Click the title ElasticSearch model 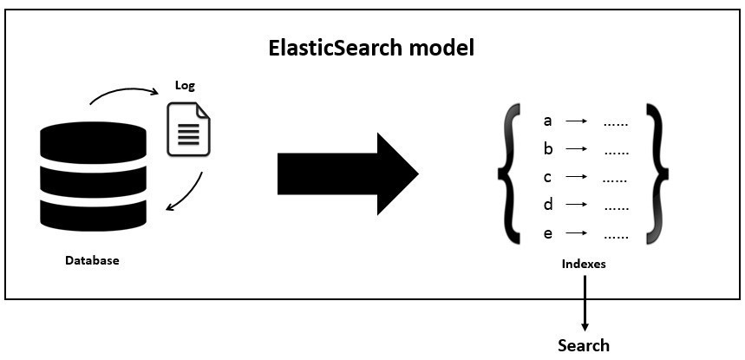[370, 47]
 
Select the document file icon [189, 130]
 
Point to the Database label [92, 259]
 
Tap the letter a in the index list [547, 121]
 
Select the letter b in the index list [547, 149]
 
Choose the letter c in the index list [547, 178]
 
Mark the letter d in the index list [547, 206]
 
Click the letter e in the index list [547, 234]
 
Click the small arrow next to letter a [578, 121]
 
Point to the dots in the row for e [616, 235]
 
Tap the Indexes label [583, 264]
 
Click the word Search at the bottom [584, 345]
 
